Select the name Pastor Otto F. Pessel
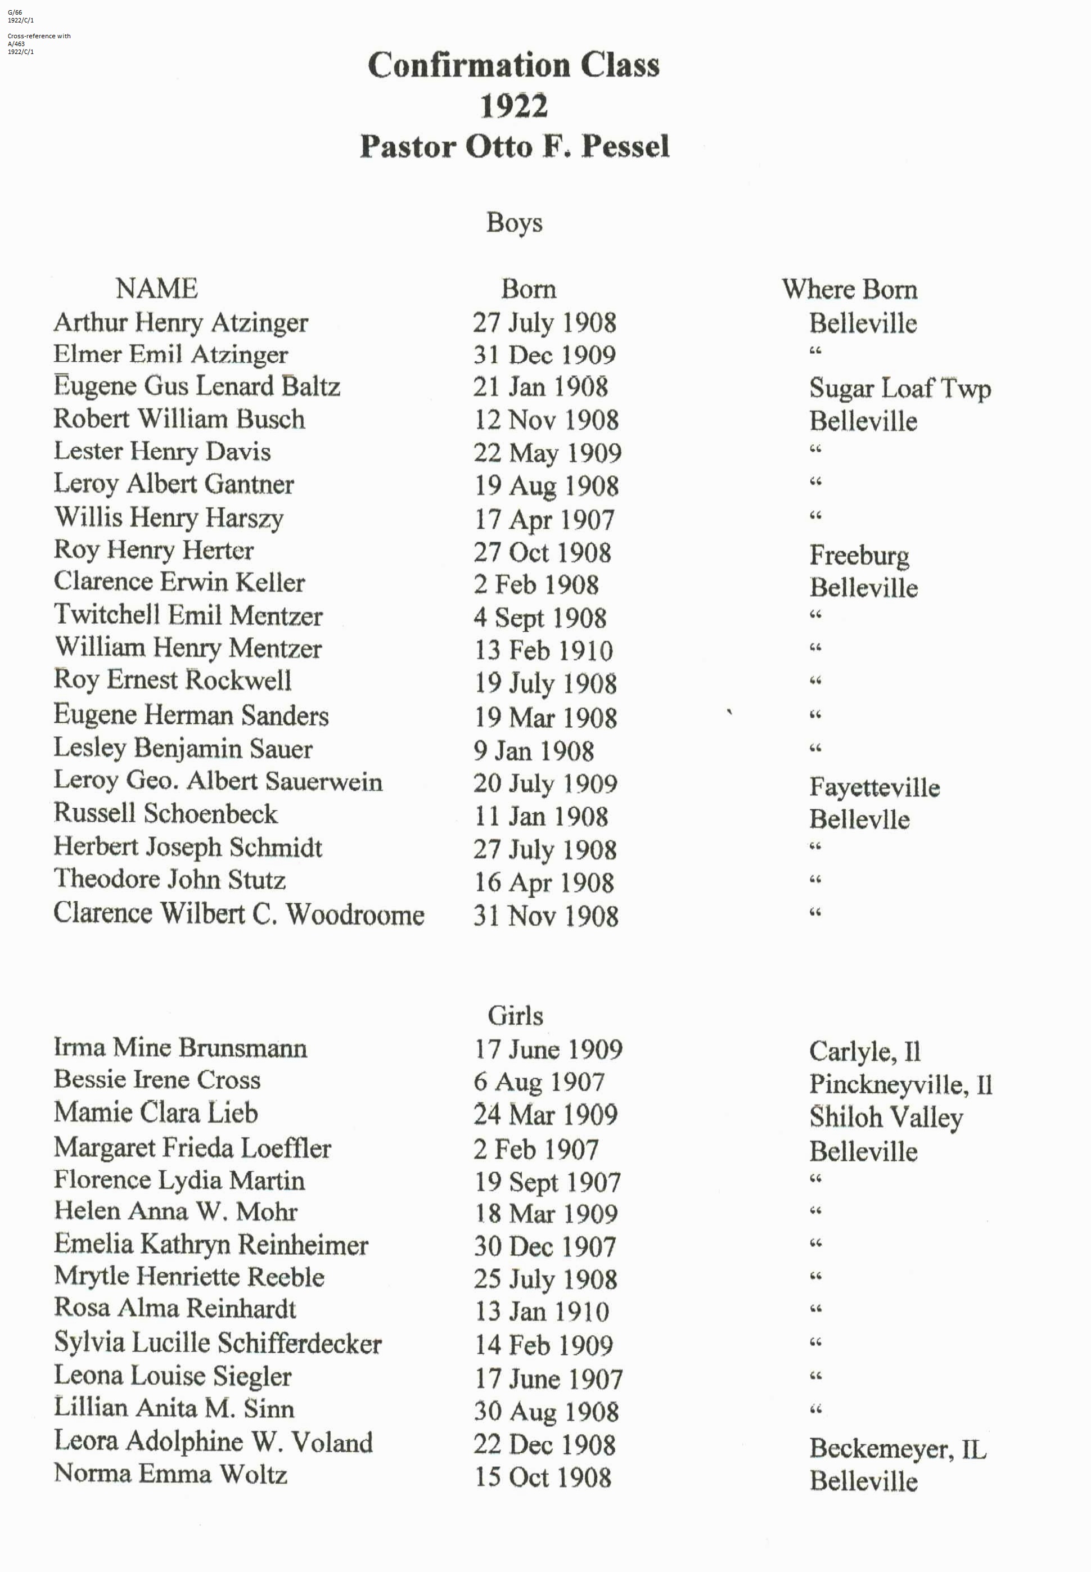[514, 146]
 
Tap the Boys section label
[514, 223]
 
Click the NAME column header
[156, 289]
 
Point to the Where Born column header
[849, 289]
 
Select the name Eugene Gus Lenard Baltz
[197, 387]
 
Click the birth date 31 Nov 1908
[545, 916]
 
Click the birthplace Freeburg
[859, 555]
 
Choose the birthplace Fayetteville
[874, 787]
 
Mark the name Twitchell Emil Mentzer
[188, 615]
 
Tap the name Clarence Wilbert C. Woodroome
[238, 915]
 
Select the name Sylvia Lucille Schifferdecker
[218, 1343]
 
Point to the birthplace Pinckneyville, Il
[900, 1084]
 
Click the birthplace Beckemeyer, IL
[898, 1448]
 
